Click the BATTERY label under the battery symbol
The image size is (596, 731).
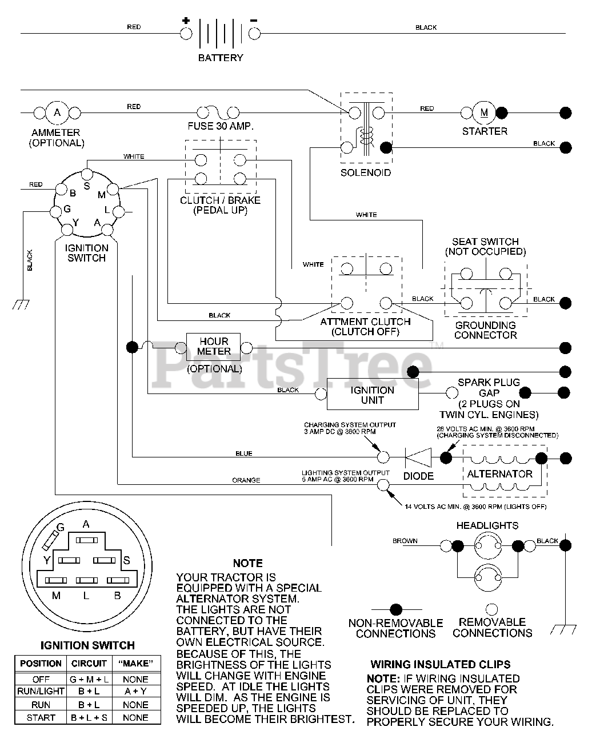tap(221, 58)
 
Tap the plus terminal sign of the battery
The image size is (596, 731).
tap(186, 20)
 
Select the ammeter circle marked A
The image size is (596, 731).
tap(57, 113)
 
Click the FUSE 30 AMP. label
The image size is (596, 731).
tap(221, 126)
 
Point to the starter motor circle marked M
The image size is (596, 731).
tap(484, 113)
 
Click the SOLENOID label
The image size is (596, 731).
tap(366, 172)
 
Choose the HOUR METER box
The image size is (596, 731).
tap(213, 347)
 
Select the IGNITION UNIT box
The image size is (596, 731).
tap(373, 394)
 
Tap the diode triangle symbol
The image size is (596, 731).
tap(418, 457)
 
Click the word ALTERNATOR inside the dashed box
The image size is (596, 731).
tap(499, 474)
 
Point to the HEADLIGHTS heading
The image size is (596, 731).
tap(487, 525)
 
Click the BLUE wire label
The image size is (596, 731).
tap(244, 453)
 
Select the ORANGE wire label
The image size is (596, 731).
tap(246, 480)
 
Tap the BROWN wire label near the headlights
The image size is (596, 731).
tap(405, 541)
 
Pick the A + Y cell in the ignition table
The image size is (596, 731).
tap(135, 691)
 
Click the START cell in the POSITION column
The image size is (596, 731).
tap(41, 718)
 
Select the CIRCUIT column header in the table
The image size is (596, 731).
tap(89, 664)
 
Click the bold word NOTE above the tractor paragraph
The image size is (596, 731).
tap(248, 563)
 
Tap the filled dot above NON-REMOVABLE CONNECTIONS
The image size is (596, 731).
tap(396, 609)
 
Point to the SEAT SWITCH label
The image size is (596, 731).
tap(485, 242)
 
